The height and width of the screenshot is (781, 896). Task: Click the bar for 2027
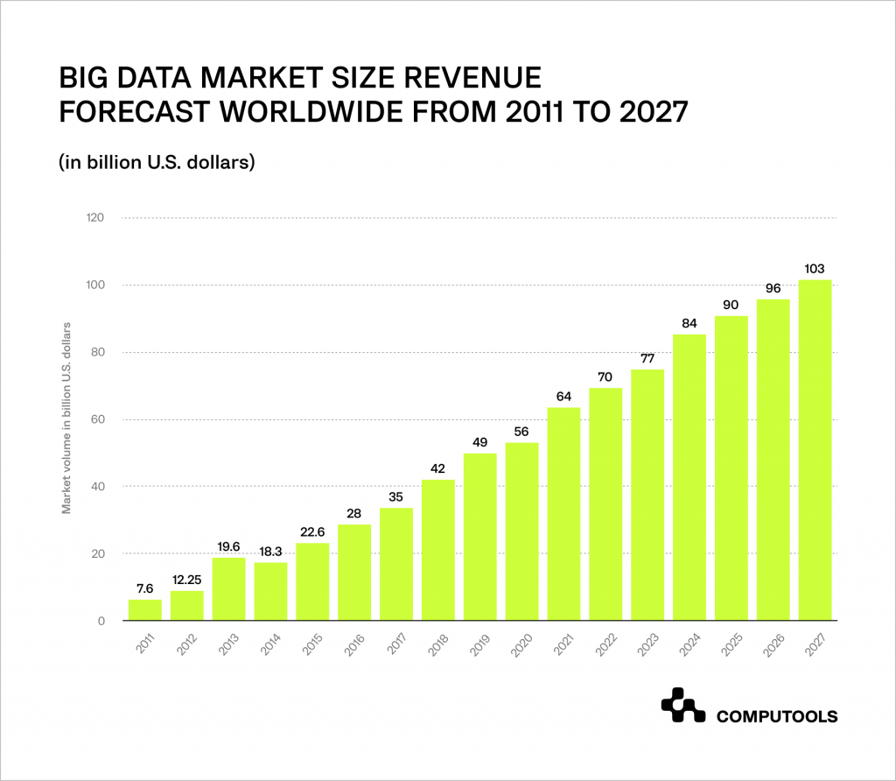pyautogui.click(x=815, y=450)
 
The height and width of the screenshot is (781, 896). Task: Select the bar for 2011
pyautogui.click(x=145, y=610)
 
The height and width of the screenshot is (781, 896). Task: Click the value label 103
pyautogui.click(x=815, y=268)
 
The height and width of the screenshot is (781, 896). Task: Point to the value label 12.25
pyautogui.click(x=186, y=580)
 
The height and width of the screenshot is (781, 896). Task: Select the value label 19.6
pyautogui.click(x=228, y=546)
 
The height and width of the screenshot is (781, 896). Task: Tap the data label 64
pyautogui.click(x=563, y=396)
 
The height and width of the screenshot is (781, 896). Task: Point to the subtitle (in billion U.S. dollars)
pyautogui.click(x=157, y=162)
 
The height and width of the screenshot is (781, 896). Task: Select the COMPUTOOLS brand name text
pyautogui.click(x=777, y=717)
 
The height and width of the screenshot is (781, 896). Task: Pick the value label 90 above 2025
pyautogui.click(x=731, y=305)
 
